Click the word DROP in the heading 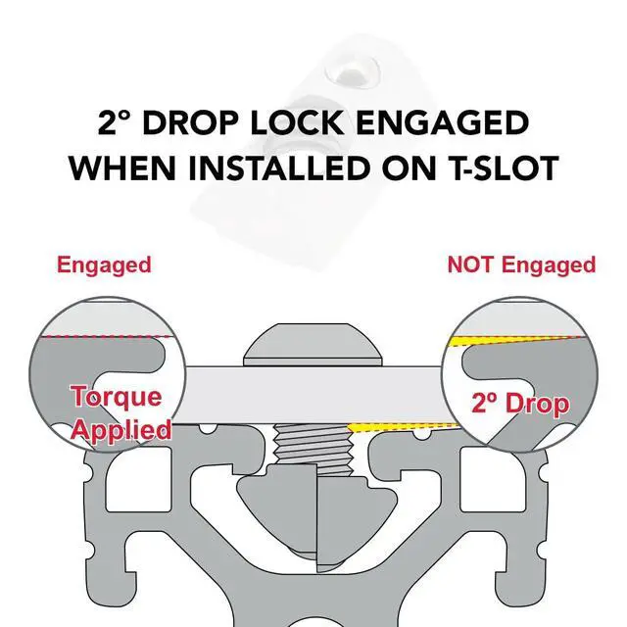(191, 122)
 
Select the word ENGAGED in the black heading (442, 122)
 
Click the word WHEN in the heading (122, 168)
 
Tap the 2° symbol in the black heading (114, 122)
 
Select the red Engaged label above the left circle (104, 265)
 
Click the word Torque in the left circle (117, 396)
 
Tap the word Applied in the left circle (121, 430)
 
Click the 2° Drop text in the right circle (520, 403)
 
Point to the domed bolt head (313, 345)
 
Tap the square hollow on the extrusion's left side (138, 479)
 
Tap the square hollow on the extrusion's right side (493, 479)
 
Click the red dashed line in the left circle (105, 337)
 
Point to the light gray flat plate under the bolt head (313, 395)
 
